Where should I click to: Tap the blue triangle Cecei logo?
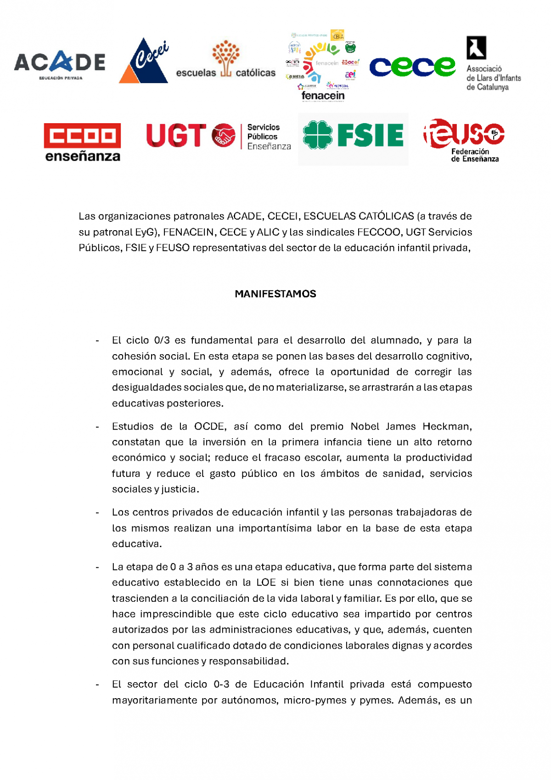pos(144,62)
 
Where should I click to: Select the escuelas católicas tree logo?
pos(225,60)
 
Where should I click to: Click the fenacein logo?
pos(323,66)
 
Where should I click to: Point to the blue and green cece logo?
pos(412,67)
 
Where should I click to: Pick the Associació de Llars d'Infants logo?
pos(493,64)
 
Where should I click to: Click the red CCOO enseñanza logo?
pos(83,142)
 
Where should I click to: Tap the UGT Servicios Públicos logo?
pos(219,136)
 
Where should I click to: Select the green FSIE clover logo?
pos(353,135)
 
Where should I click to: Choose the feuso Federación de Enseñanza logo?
pos(464,140)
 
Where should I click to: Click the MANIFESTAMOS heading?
pos(275,294)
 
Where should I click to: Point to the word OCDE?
pos(209,426)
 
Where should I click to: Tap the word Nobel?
pos(365,426)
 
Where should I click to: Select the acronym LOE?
pos(266,582)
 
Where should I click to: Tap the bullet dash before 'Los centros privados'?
pos(97,513)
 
